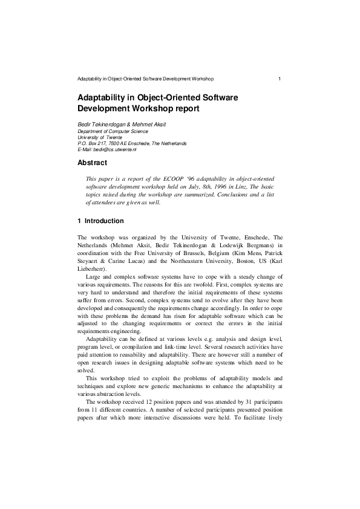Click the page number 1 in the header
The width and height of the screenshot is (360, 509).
point(279,79)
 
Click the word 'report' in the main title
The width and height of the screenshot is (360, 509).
point(185,109)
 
